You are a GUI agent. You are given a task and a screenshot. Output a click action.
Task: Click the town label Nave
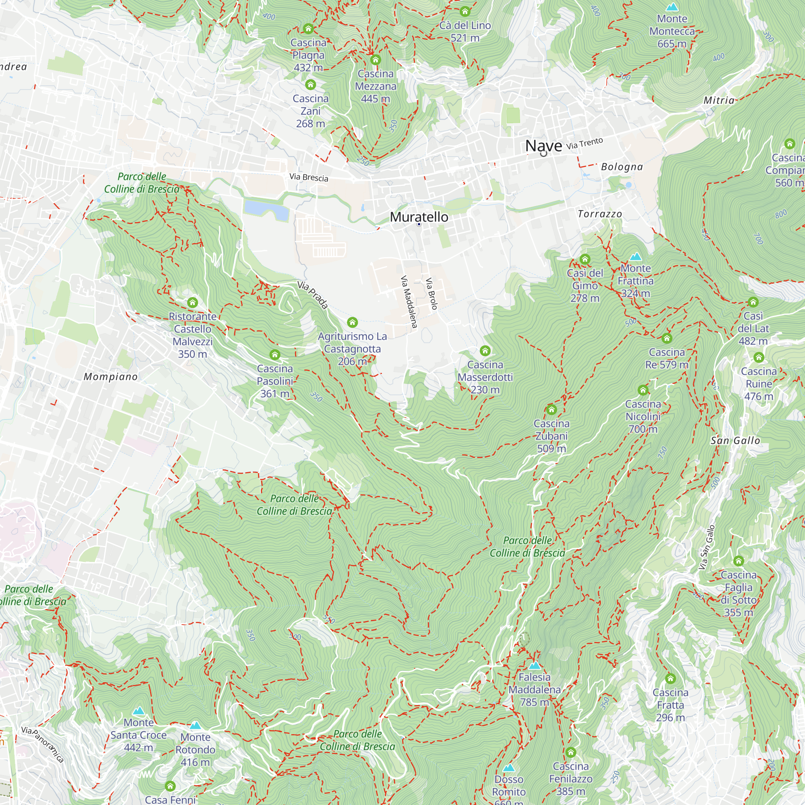(543, 146)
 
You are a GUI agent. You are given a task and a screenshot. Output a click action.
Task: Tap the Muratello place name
(419, 217)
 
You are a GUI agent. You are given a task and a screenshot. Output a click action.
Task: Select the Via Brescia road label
(309, 178)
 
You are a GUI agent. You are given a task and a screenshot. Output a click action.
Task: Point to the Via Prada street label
(312, 295)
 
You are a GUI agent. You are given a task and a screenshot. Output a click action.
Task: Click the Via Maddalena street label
(409, 301)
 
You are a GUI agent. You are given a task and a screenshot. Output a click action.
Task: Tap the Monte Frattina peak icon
(636, 257)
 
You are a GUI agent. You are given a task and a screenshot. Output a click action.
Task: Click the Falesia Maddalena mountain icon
(535, 666)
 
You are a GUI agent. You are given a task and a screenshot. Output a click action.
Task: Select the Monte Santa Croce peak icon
(138, 711)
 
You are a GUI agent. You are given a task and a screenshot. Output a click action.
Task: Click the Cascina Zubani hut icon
(551, 410)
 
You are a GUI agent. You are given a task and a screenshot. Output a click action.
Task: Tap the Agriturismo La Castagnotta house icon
(353, 322)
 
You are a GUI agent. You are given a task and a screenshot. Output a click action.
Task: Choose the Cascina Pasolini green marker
(275, 355)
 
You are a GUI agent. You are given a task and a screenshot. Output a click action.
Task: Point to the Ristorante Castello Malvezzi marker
(192, 303)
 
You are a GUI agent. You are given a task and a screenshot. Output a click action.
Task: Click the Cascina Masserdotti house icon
(485, 351)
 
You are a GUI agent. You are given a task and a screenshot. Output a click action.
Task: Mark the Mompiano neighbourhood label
(110, 377)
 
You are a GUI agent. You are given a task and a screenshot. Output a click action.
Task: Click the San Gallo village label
(735, 441)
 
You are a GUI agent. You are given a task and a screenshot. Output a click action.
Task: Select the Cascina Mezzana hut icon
(376, 60)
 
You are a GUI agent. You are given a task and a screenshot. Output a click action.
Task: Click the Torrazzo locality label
(600, 214)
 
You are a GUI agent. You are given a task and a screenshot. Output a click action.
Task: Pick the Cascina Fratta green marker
(670, 679)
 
